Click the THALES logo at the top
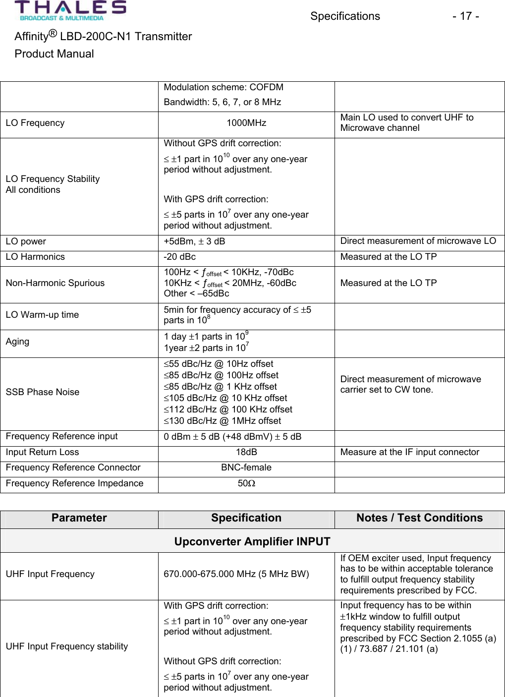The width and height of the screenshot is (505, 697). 70,10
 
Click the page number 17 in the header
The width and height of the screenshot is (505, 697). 465,16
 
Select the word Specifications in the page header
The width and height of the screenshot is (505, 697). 345,16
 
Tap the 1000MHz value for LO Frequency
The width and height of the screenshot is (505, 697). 246,123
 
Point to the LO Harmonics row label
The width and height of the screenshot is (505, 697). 35,257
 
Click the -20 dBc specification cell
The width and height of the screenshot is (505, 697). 180,257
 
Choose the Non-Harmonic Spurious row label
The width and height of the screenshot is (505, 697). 55,283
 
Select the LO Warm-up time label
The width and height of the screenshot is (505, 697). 42,315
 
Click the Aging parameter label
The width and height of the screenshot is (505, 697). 17,342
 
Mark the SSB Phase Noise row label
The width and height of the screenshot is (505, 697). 43,392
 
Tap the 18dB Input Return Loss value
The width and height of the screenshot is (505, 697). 246,452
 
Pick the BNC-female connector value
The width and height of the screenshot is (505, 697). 246,467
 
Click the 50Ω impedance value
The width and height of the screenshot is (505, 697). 246,483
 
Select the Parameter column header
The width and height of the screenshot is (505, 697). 79,518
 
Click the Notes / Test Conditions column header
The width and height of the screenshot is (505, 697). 419,518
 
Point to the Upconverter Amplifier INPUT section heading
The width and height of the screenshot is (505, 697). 252,541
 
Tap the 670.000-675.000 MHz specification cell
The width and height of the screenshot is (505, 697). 236,574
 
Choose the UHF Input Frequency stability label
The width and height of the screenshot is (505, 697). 67,646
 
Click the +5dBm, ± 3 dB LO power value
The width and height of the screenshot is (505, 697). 195,241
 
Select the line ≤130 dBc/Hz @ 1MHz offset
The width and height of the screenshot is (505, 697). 223,421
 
